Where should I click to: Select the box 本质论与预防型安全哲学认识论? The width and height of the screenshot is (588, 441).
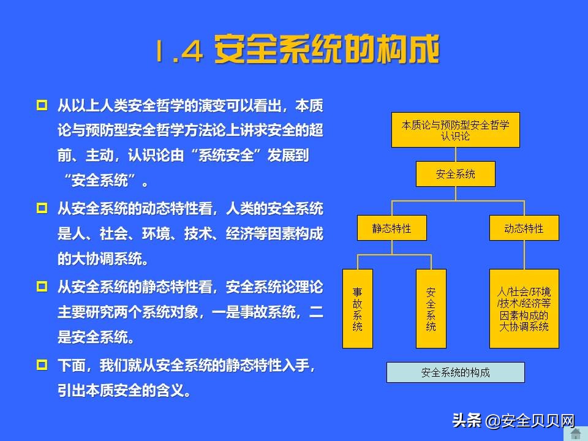click(455, 130)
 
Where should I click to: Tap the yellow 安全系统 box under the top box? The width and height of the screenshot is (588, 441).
click(455, 174)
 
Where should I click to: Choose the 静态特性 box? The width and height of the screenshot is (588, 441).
click(391, 228)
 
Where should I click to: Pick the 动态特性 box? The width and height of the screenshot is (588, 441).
click(524, 228)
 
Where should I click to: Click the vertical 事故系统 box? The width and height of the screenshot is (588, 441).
click(358, 308)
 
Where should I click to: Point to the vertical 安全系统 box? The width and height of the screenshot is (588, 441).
click(431, 308)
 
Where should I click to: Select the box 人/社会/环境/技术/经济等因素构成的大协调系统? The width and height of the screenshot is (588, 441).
click(524, 308)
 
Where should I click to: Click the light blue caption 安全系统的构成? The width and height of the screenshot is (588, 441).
click(455, 372)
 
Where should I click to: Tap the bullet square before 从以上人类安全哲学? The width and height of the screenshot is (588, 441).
click(42, 105)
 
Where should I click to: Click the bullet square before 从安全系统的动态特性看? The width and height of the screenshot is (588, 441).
click(42, 208)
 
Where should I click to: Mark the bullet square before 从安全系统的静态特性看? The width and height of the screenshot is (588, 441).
click(42, 286)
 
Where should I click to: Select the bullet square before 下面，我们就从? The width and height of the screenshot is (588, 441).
click(42, 365)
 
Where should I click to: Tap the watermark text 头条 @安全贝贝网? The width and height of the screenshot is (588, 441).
click(513, 421)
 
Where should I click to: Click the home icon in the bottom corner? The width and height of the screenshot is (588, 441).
click(576, 434)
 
